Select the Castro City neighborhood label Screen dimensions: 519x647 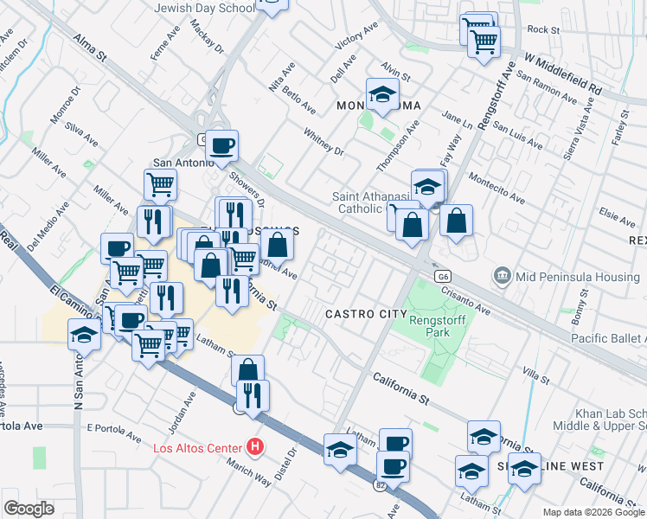[x=366, y=313]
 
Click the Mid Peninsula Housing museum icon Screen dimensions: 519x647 [x=502, y=276]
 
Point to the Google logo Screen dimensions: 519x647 [x=29, y=509]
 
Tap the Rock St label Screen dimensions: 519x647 [x=543, y=29]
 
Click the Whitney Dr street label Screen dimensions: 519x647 [x=323, y=143]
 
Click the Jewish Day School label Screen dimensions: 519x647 [x=204, y=8]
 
